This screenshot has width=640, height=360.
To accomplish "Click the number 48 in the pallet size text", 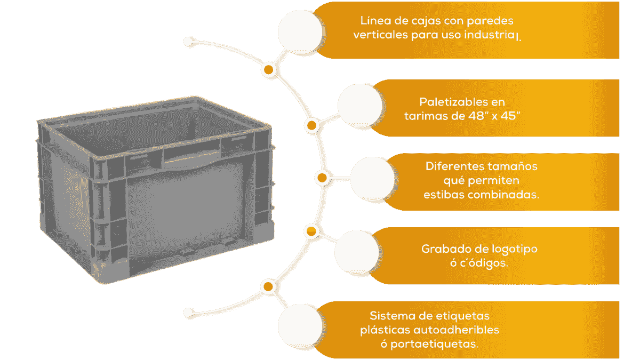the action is [476, 116].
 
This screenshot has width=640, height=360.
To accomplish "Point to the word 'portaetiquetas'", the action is [434, 345].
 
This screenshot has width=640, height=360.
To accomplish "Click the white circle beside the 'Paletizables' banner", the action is [360, 105].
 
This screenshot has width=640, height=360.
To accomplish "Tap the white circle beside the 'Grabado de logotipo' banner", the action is [357, 253].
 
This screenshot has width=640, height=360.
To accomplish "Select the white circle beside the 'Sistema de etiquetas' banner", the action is [300, 326].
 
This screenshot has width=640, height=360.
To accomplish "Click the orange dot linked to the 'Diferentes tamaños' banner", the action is [322, 178].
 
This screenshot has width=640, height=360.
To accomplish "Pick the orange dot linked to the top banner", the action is [268, 70].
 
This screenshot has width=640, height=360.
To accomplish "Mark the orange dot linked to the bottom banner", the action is [268, 286].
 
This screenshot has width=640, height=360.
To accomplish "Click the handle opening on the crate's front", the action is [192, 160].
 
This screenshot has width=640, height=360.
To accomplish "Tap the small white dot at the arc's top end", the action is [188, 42].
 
